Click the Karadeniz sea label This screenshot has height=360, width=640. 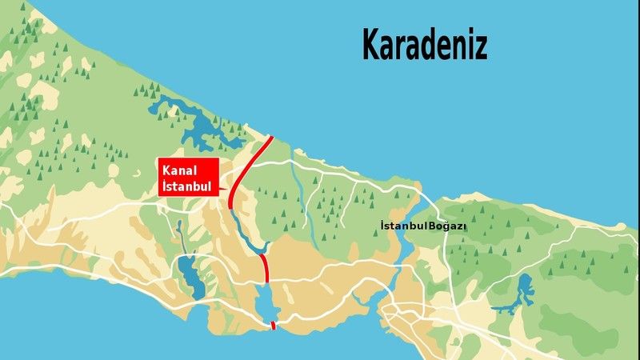pyautogui.click(x=424, y=45)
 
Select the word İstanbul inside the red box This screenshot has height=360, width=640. pyautogui.click(x=186, y=186)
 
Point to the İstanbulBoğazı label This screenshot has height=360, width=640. pyautogui.click(x=423, y=227)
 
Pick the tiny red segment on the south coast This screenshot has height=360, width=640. pyautogui.click(x=274, y=325)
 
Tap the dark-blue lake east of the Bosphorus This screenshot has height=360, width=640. pyautogui.click(x=522, y=290)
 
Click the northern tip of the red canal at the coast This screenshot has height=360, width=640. pyautogui.click(x=270, y=138)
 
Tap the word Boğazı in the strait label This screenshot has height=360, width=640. pyautogui.click(x=448, y=227)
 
